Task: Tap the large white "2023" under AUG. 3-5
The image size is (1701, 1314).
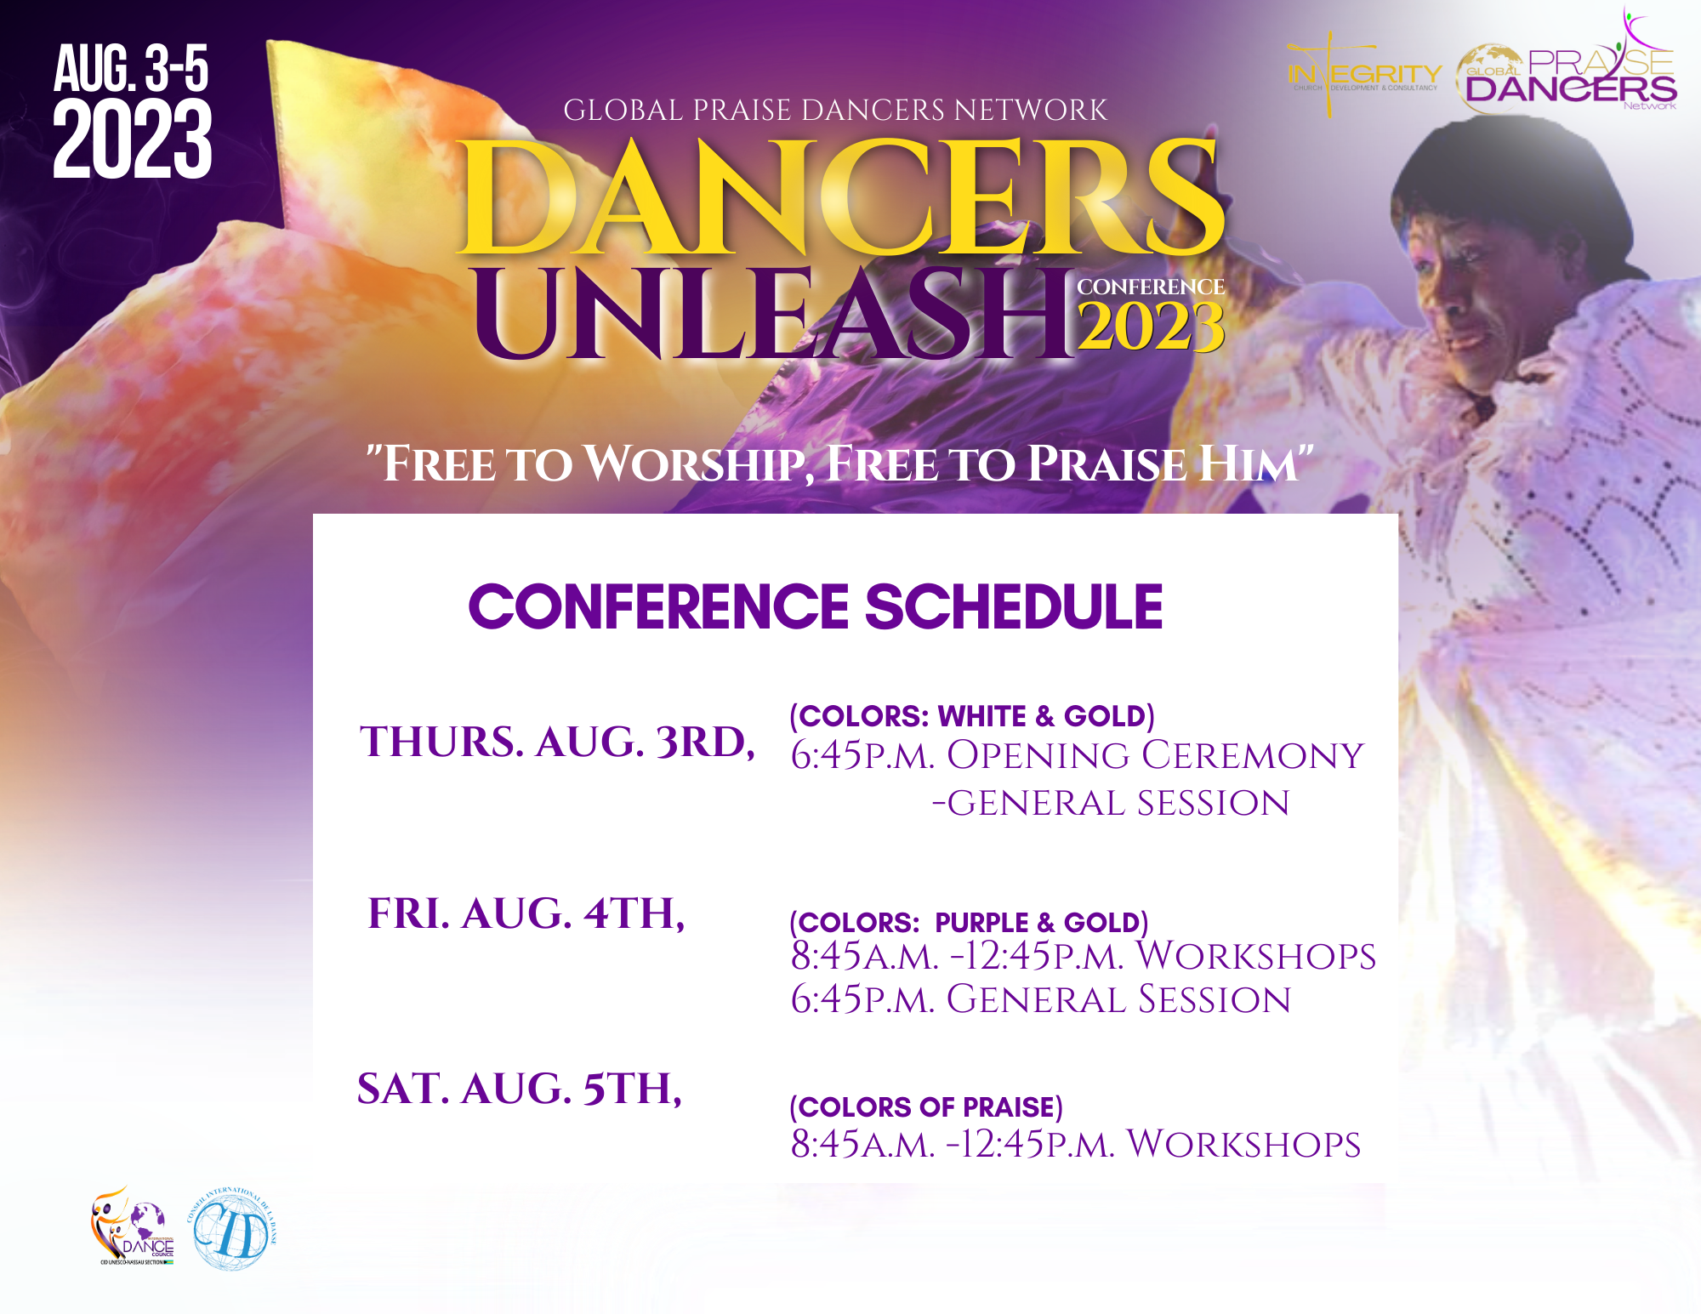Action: point(133,139)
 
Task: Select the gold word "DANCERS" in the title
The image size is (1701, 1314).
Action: point(840,198)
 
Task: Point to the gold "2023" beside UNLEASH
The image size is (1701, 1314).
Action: point(1151,327)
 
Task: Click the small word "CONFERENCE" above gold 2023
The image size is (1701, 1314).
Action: point(1151,287)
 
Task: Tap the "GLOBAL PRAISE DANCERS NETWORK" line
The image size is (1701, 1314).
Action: point(835,111)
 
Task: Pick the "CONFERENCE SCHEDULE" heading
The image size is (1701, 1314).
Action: point(815,607)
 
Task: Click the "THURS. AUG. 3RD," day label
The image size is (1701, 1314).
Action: point(557,742)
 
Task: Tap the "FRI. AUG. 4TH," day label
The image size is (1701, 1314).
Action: point(526,913)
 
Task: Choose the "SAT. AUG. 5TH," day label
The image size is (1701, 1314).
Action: point(520,1089)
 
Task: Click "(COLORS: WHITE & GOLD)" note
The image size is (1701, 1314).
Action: point(972,716)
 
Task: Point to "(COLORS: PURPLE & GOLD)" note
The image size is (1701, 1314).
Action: point(969,923)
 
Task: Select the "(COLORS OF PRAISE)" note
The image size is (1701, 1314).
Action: point(926,1107)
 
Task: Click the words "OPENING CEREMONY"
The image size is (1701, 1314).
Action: point(1155,755)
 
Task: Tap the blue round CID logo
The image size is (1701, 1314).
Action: point(231,1230)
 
